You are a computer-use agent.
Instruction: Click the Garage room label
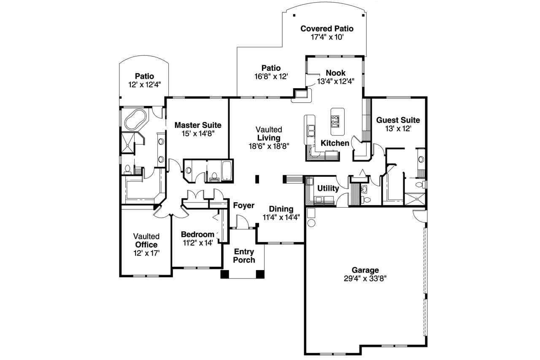(x=365, y=270)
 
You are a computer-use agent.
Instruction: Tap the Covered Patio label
(x=327, y=29)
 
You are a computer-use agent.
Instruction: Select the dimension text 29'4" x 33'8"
(x=365, y=279)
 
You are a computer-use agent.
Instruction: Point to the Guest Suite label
(x=398, y=120)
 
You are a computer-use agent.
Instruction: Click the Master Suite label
(x=198, y=125)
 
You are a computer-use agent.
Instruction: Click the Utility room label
(x=328, y=189)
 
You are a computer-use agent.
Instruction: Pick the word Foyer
(x=243, y=206)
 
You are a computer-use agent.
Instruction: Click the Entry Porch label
(x=244, y=256)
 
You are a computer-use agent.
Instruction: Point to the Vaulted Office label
(x=146, y=241)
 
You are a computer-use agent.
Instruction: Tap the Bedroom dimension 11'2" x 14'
(x=197, y=243)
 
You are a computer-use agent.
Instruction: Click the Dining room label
(x=281, y=209)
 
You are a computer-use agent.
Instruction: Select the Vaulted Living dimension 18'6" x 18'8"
(x=268, y=146)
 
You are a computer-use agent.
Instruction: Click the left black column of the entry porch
(x=224, y=274)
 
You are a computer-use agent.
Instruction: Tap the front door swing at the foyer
(x=240, y=222)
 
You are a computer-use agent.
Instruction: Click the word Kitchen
(x=335, y=143)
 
